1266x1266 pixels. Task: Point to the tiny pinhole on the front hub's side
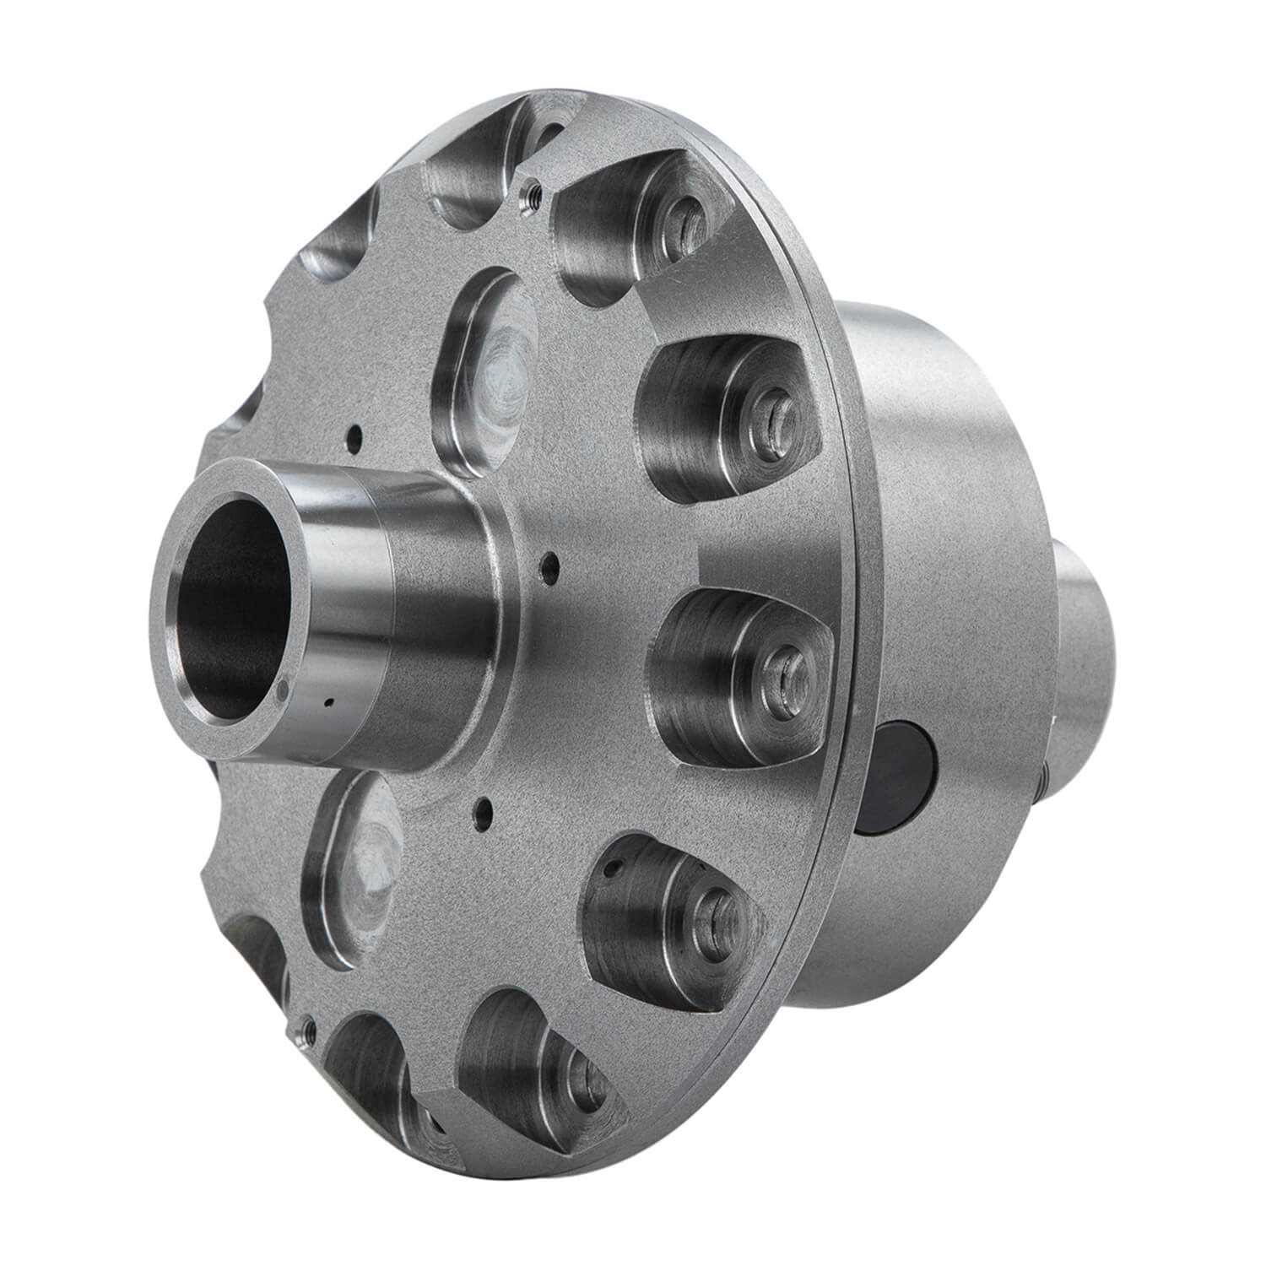pos(330,702)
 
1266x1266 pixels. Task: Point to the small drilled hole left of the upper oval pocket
pos(355,437)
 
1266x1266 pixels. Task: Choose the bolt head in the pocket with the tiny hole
pos(713,911)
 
